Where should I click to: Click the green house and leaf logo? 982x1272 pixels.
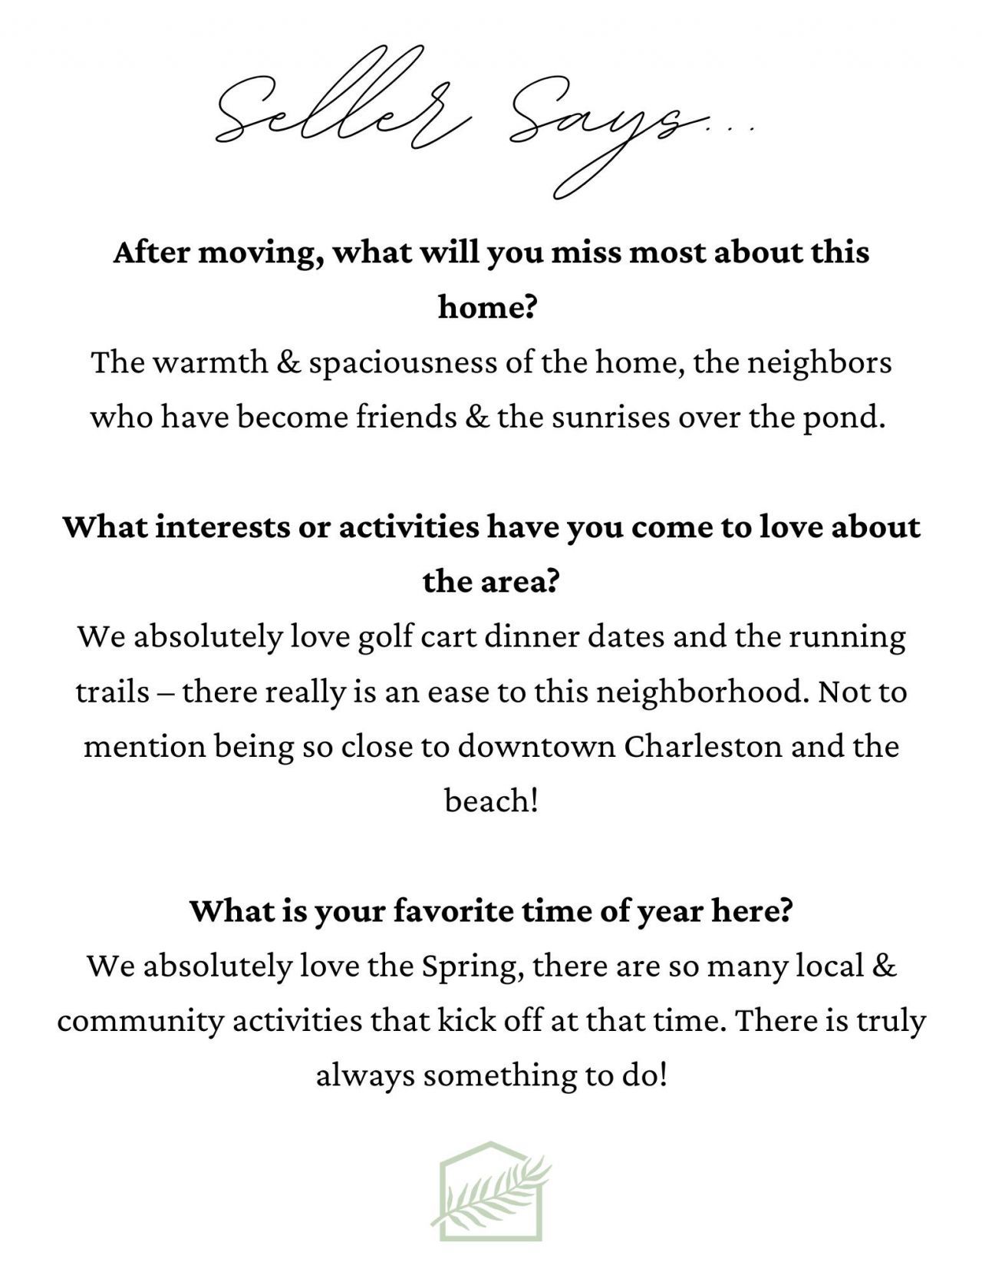pyautogui.click(x=491, y=1191)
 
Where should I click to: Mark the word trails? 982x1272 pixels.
pyautogui.click(x=112, y=692)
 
